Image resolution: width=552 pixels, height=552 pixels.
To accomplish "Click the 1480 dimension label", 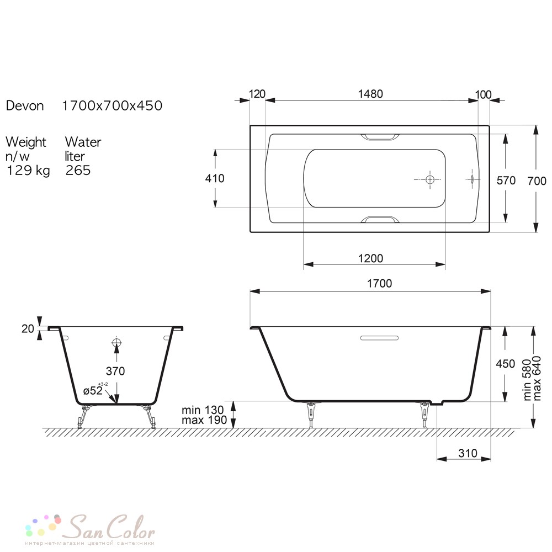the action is tap(370, 94).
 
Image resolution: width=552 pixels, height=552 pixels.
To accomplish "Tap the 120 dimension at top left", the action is tap(257, 94).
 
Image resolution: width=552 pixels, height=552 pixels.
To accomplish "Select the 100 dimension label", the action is tap(483, 95).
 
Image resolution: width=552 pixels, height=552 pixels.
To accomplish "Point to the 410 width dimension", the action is tap(215, 178).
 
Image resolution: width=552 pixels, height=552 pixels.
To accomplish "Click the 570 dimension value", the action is tap(506, 181).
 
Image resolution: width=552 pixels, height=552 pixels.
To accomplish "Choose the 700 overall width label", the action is tap(537, 181).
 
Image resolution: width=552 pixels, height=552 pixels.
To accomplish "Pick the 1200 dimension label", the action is tap(370, 258).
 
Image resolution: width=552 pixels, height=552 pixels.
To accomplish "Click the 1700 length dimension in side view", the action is tap(380, 283).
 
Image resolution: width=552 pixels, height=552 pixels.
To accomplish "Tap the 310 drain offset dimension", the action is tap(468, 453).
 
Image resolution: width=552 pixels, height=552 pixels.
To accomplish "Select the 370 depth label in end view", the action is tap(115, 371).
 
